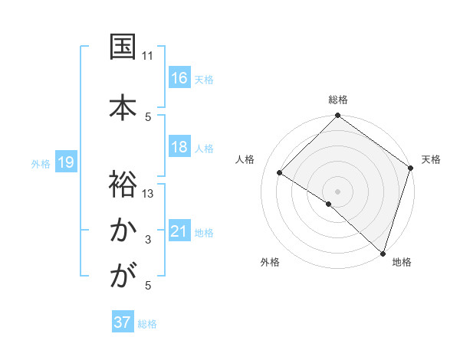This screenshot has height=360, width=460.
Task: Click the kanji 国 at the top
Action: [x=123, y=47]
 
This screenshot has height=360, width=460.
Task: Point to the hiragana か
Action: [x=123, y=230]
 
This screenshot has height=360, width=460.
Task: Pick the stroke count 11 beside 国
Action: [x=148, y=56]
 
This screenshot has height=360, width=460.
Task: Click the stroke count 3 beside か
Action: [x=148, y=240]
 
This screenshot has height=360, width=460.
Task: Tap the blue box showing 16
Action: [x=179, y=78]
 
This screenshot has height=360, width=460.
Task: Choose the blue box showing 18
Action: [x=179, y=147]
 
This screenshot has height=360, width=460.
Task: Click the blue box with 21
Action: [x=179, y=231]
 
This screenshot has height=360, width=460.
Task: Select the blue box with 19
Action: [x=65, y=162]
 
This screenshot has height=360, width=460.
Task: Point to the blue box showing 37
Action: [x=122, y=323]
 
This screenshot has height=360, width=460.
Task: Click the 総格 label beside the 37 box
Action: [x=147, y=324]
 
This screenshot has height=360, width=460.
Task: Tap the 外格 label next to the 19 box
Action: [x=41, y=163]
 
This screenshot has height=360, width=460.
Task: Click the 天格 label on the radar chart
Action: [x=431, y=159]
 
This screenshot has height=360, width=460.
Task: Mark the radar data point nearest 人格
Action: [x=280, y=172]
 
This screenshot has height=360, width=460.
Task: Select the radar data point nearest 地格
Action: [x=383, y=252]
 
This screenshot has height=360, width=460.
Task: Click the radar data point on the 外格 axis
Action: [x=329, y=204]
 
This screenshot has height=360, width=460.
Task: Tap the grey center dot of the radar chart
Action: [x=337, y=191]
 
